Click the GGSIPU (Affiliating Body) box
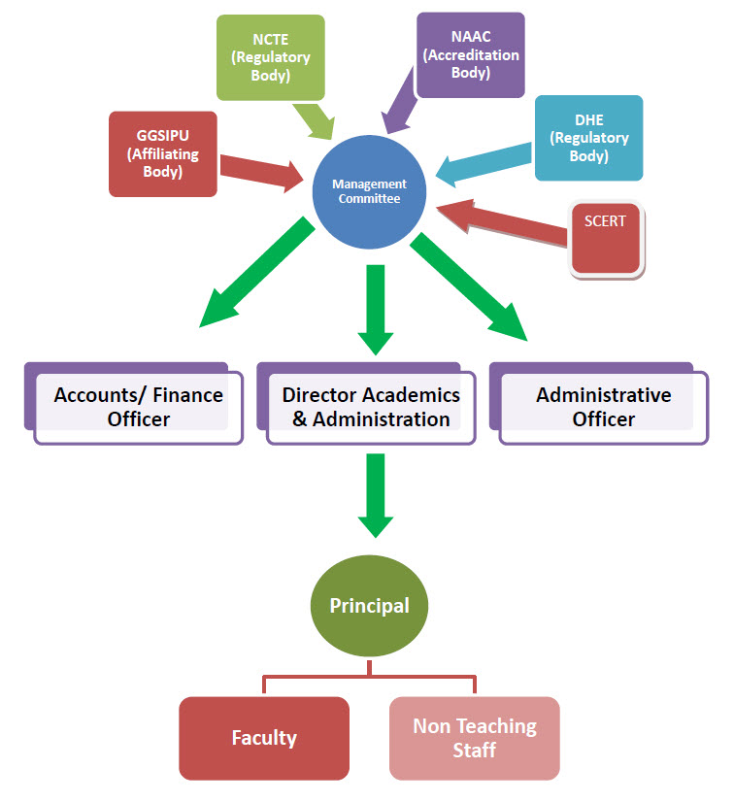[x=162, y=152]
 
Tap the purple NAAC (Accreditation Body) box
[x=470, y=54]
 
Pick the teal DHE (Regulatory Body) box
[x=588, y=137]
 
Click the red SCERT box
[x=606, y=237]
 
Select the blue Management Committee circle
[x=369, y=192]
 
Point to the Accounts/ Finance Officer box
[x=138, y=407]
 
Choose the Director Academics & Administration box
[x=371, y=407]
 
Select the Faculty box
[x=264, y=738]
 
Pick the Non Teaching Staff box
[x=474, y=738]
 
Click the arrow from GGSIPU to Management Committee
[x=261, y=171]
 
